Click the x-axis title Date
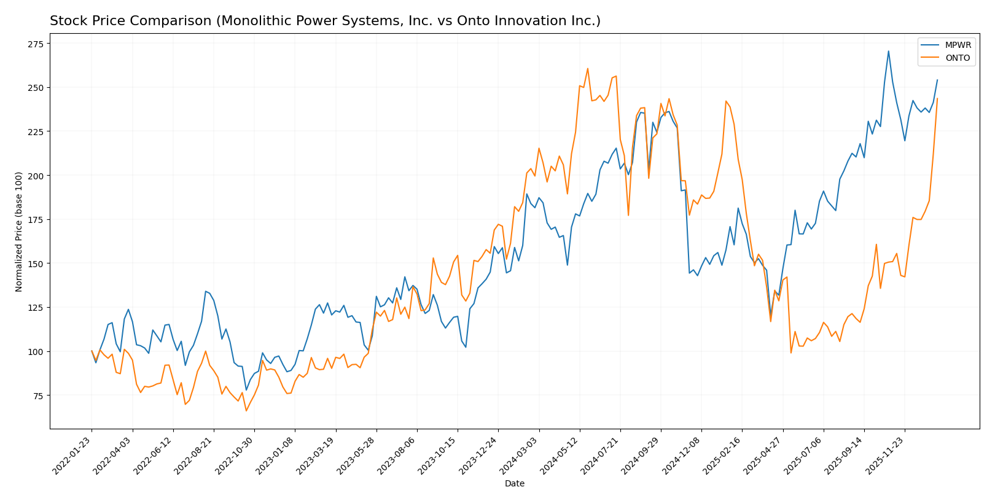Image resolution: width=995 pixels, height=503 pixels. [515, 484]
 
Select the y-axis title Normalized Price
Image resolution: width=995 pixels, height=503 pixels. [19, 232]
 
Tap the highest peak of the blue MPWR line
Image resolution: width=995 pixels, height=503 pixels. [888, 51]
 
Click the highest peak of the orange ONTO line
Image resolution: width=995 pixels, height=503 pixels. [587, 68]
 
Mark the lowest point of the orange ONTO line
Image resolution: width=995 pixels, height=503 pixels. [246, 410]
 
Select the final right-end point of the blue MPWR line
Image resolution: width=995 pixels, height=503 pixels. [937, 80]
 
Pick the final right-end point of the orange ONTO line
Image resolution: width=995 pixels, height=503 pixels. [937, 99]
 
